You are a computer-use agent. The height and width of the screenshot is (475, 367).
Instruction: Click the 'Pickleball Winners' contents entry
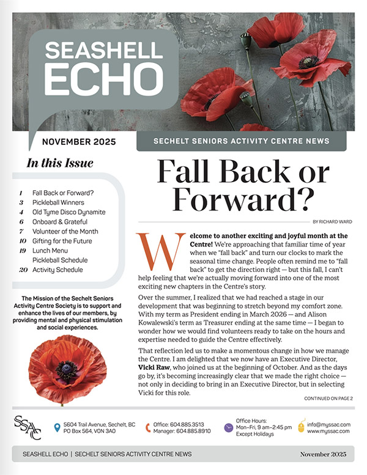[58, 202]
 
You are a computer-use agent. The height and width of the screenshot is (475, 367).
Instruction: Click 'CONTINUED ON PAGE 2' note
[328, 398]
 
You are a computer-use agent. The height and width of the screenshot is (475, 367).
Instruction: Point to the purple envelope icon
[228, 427]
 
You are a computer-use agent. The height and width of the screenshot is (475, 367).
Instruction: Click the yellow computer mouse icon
[301, 427]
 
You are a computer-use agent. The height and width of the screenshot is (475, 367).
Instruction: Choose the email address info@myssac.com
[328, 423]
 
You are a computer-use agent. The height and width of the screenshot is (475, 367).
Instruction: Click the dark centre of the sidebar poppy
[67, 370]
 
